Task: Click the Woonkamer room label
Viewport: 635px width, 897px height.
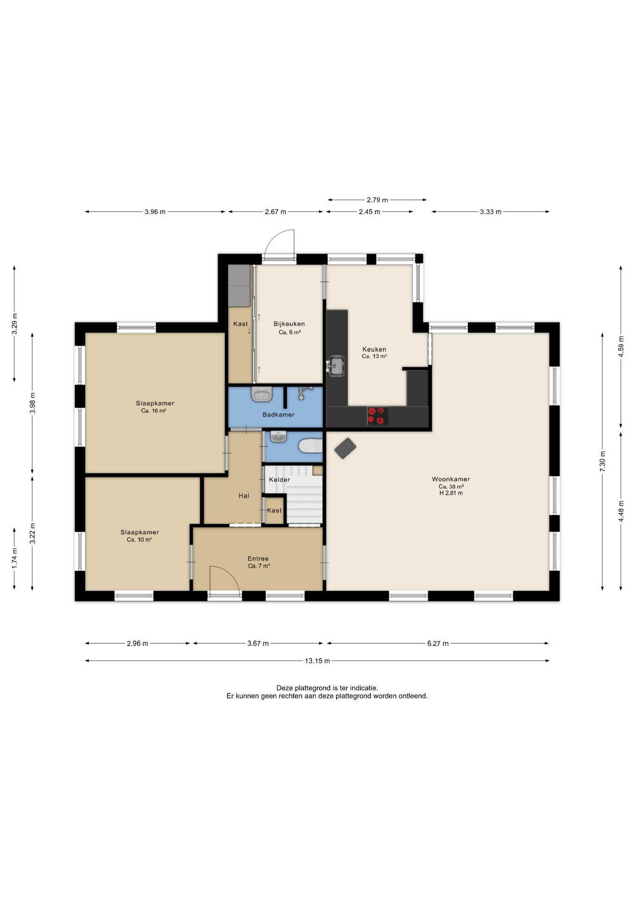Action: pos(451,479)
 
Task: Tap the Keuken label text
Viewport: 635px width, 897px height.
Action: pos(374,349)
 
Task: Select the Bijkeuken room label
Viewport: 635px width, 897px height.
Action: pos(289,324)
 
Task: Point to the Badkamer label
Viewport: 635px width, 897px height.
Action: pos(278,414)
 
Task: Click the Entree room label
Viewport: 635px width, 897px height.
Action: pos(258,558)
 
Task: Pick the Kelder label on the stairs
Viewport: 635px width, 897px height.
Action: pos(279,480)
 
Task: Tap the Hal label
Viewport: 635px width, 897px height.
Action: pos(244,496)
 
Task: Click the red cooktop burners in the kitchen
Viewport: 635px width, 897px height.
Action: pos(377,416)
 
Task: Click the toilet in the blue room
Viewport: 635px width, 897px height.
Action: pos(311,446)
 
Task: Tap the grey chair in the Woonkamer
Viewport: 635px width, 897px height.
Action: pos(345,448)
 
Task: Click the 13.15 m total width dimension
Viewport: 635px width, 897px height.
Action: pos(317,661)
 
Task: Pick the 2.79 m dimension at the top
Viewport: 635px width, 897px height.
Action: pos(377,200)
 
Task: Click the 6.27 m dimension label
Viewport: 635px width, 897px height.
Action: pos(438,643)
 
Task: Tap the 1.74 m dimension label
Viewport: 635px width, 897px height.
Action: pos(14,558)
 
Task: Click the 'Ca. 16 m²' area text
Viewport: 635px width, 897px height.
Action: pos(154,411)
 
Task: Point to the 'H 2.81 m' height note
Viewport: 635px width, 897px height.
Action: pos(451,493)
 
